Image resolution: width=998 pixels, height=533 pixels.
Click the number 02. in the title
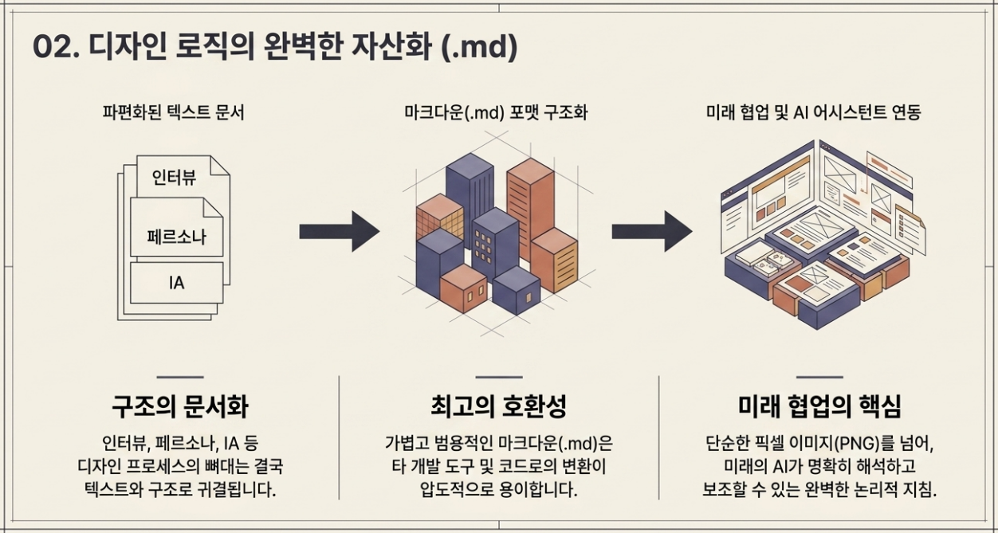tap(56, 46)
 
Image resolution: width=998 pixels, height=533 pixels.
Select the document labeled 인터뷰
tap(183, 177)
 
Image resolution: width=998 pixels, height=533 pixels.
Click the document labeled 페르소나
tap(176, 227)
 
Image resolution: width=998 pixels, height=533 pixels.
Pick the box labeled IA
tap(176, 283)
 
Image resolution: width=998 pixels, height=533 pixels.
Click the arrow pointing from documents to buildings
tap(340, 232)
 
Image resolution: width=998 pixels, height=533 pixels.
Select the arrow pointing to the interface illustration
tap(652, 232)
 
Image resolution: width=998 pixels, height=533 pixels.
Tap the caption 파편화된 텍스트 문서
tap(174, 112)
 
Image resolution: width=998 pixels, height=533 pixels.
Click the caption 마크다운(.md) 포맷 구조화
tap(496, 112)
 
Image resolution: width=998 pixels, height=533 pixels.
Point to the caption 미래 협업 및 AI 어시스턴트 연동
tap(813, 112)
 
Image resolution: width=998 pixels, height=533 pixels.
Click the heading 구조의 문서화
tap(180, 406)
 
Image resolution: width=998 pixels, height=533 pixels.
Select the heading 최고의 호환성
tap(499, 406)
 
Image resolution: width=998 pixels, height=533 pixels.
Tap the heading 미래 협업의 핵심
tap(819, 406)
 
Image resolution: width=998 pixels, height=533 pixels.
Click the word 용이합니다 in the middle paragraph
tap(539, 490)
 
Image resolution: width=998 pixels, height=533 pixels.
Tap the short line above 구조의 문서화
tap(180, 377)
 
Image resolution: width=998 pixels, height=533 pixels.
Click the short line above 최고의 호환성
tap(499, 377)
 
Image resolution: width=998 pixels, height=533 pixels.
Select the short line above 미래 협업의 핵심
tap(819, 377)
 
